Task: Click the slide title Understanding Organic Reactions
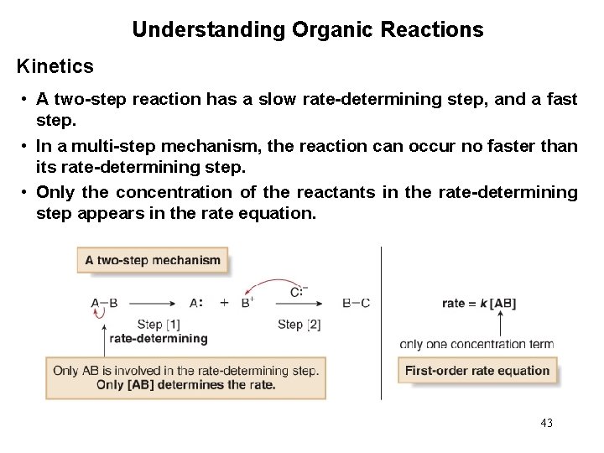307,31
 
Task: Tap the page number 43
547,423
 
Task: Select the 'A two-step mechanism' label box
153,260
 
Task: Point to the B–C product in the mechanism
357,303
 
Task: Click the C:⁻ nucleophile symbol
298,291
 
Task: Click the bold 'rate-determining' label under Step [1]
159,338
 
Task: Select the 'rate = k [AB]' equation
479,303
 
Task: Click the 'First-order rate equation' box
477,370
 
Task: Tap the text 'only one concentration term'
476,343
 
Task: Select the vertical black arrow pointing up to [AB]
502,323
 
